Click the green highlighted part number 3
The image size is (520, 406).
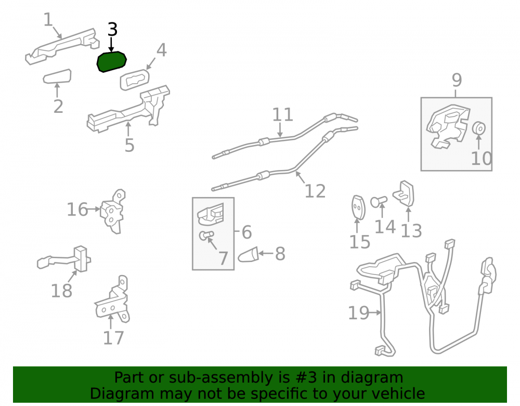(x=111, y=62)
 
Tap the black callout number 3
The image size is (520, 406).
(x=112, y=30)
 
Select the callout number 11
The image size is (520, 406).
(x=282, y=115)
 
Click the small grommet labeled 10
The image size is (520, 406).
(x=478, y=128)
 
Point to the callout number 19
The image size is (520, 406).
(x=358, y=313)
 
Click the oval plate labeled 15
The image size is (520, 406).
(x=358, y=207)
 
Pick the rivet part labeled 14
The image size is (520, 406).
(x=379, y=201)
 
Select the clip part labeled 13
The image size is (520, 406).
(x=404, y=193)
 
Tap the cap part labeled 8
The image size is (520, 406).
(x=248, y=255)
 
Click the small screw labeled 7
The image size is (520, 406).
(x=206, y=235)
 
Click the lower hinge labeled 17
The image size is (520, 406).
(x=112, y=300)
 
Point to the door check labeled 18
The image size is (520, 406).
(x=64, y=259)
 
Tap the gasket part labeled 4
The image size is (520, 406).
(x=134, y=80)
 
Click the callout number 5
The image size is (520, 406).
(x=129, y=145)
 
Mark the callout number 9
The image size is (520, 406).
(x=457, y=80)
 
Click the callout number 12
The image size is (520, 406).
(x=315, y=191)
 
